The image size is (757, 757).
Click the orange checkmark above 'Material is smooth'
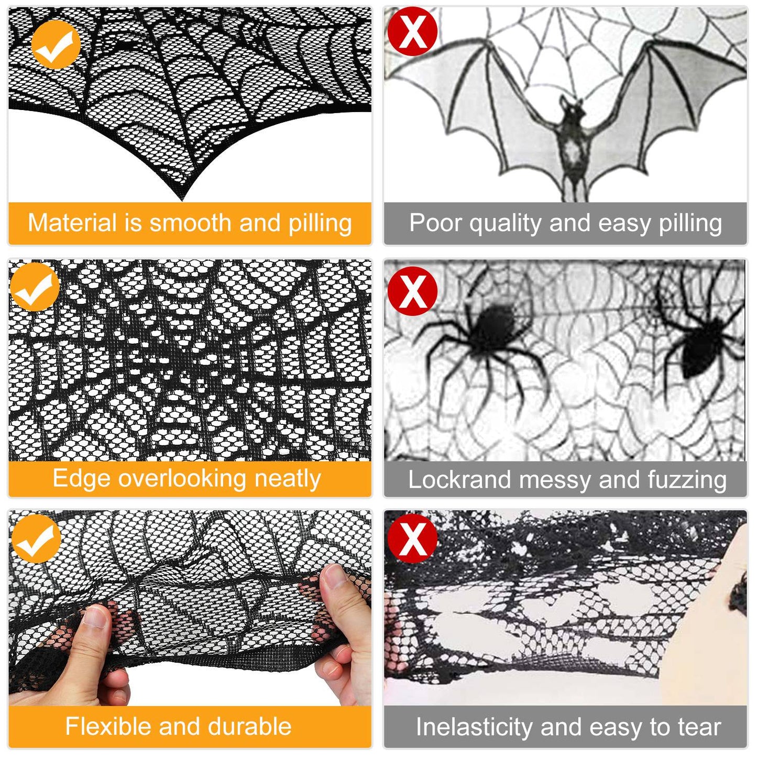tap(56, 45)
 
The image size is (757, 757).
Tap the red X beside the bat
tap(412, 31)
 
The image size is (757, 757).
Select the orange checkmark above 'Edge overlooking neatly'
tap(35, 287)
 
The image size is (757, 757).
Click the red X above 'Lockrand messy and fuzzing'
tap(412, 291)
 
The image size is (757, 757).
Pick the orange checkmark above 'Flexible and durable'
tap(36, 539)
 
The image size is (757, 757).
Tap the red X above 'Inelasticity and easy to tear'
tap(412, 538)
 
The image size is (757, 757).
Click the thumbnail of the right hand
tap(331, 576)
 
